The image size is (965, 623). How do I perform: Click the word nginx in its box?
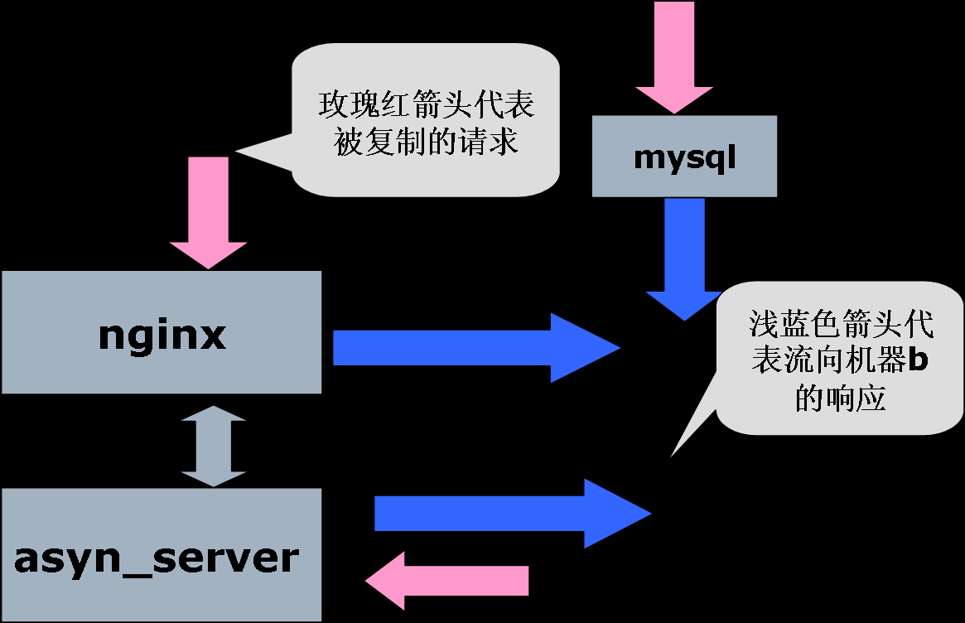162,336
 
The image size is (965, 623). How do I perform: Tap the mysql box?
684,156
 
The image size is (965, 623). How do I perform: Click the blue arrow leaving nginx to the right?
472,348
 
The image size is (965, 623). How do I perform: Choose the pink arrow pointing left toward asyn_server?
447,581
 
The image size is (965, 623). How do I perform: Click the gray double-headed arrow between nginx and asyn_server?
214,446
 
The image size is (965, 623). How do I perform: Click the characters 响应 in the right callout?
856,399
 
